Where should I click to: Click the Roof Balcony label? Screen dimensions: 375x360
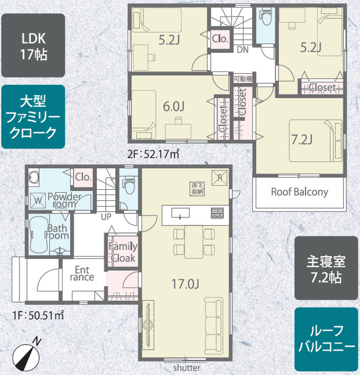[299, 192]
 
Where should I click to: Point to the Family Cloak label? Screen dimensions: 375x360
[122, 252]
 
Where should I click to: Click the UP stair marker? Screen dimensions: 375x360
[107, 216]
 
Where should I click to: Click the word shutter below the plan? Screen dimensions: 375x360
[187, 369]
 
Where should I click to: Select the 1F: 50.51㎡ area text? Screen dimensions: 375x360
[38, 315]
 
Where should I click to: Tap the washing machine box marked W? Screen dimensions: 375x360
[38, 200]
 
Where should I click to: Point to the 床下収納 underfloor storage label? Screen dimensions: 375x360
[196, 188]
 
